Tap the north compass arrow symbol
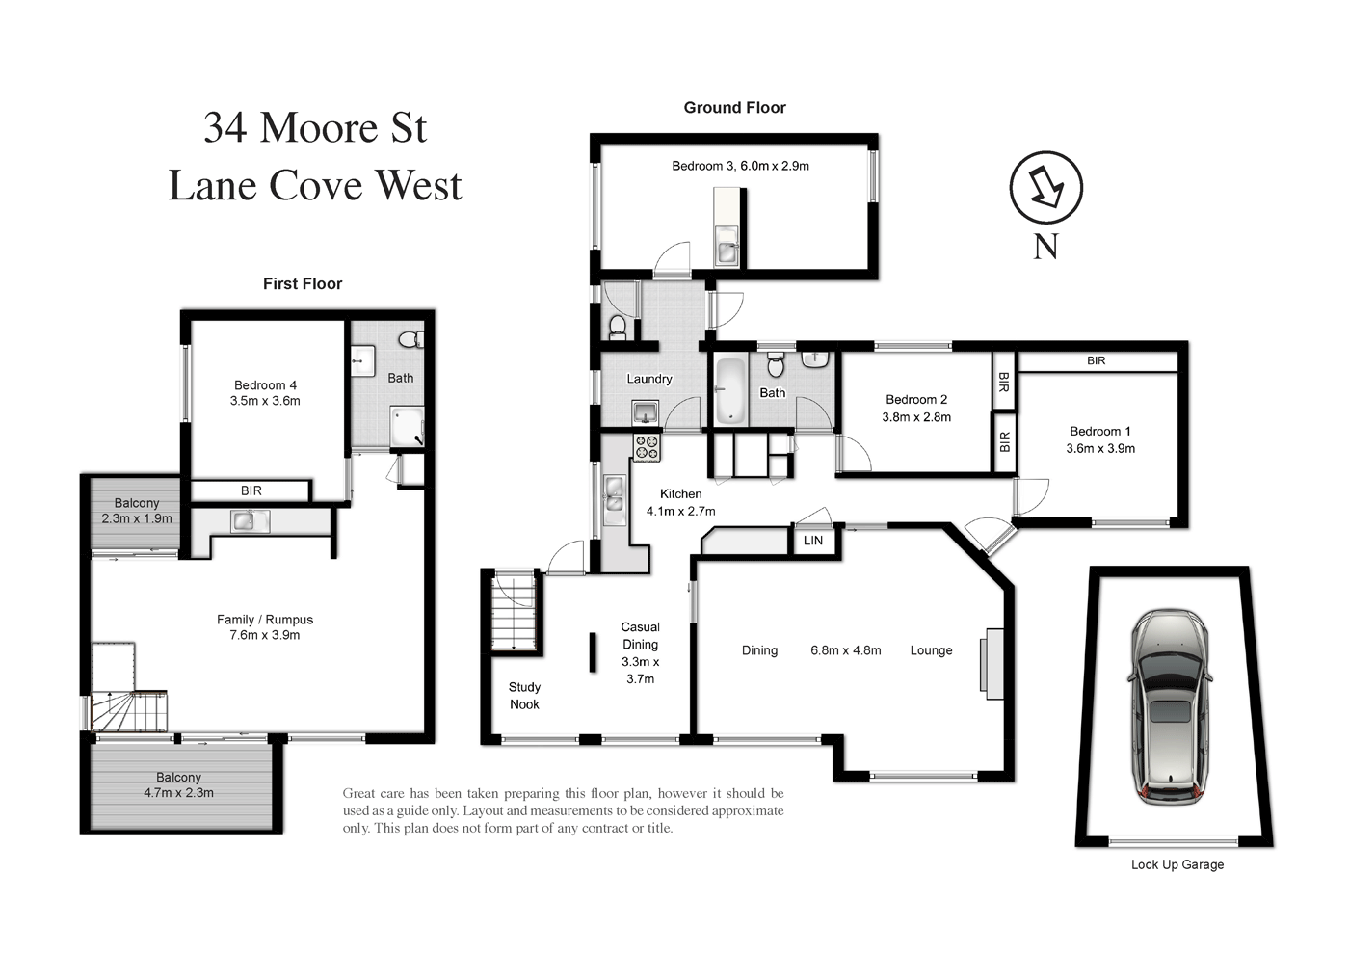click(x=1045, y=187)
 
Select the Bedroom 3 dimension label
click(x=740, y=166)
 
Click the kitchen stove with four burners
click(x=647, y=447)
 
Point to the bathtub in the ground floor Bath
click(x=729, y=392)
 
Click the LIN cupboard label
click(x=813, y=541)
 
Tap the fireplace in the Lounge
click(x=992, y=661)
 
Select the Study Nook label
click(x=524, y=696)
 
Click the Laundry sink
click(x=646, y=412)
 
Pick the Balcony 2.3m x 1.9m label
click(x=137, y=511)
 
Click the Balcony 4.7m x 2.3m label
click(x=178, y=785)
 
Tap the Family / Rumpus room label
click(x=265, y=627)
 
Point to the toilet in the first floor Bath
click(x=410, y=339)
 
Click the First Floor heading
click(x=303, y=283)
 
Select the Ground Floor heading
click(x=734, y=108)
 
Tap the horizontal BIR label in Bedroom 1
click(x=1097, y=361)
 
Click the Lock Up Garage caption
click(x=1177, y=864)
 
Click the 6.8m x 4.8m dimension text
click(x=845, y=650)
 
